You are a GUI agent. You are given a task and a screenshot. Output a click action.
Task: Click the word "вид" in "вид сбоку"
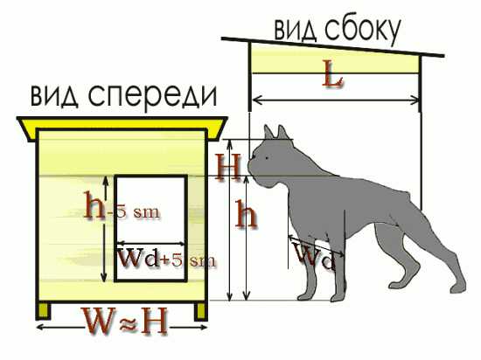[x=295, y=31]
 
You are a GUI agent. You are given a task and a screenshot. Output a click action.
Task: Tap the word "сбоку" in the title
[x=363, y=30]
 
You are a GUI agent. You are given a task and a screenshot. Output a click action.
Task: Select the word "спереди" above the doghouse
[x=153, y=95]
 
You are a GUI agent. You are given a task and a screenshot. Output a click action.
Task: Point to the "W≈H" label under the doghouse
[x=126, y=320]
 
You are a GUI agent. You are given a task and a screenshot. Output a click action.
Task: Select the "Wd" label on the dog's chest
[x=316, y=255]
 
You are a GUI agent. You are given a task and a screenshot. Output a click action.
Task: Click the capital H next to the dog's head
[x=228, y=166]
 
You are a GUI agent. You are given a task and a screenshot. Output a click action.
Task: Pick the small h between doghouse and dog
[x=246, y=213]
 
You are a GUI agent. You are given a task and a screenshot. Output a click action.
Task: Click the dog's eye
[x=268, y=158]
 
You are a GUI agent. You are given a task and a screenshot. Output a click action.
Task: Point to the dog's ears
[x=276, y=132]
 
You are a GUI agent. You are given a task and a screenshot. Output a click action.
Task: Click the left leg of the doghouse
[x=43, y=311]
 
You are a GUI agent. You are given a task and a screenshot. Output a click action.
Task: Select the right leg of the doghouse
[x=201, y=311]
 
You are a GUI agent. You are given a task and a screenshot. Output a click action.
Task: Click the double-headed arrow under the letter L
[x=336, y=100]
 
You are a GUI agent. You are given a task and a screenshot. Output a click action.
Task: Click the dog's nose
[x=253, y=157]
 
